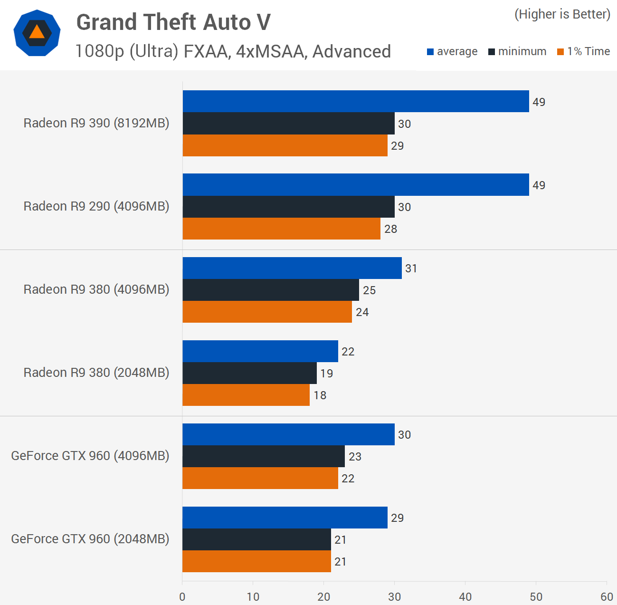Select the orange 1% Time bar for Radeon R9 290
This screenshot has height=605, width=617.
click(x=281, y=229)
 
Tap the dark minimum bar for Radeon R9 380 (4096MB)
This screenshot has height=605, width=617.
click(x=271, y=290)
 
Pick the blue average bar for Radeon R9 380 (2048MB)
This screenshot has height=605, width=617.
click(x=260, y=351)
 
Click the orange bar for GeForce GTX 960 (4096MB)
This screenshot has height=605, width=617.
click(x=260, y=478)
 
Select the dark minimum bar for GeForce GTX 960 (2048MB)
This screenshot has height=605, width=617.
click(x=256, y=539)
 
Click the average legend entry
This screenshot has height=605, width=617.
click(x=452, y=51)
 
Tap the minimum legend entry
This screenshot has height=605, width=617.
click(x=517, y=51)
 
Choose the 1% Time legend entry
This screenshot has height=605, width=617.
click(x=584, y=51)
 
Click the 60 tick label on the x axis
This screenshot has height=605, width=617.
click(x=607, y=597)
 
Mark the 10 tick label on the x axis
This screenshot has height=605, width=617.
click(x=253, y=597)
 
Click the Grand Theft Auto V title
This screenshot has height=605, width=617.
click(x=173, y=22)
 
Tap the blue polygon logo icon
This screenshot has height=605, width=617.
click(x=37, y=33)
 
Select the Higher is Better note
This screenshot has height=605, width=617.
click(x=562, y=14)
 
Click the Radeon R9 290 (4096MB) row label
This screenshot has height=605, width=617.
click(x=96, y=206)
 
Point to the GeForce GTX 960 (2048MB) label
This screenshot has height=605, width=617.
click(x=90, y=539)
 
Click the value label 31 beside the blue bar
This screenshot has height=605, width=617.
click(x=411, y=269)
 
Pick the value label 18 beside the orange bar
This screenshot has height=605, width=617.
click(x=320, y=395)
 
